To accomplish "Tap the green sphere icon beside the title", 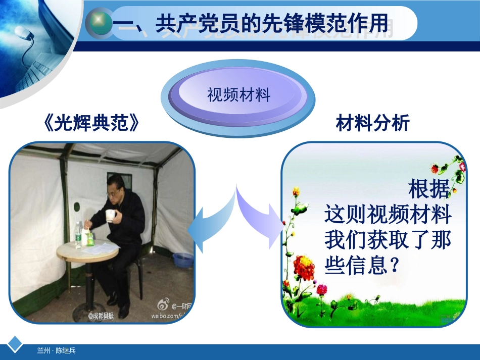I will [100, 23].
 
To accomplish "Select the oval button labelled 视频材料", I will [238, 95].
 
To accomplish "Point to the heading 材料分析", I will [372, 123].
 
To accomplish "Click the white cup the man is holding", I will [110, 216].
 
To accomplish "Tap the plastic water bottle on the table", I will [78, 234].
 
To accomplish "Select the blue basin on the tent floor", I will [182, 260].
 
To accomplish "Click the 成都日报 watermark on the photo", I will [101, 316].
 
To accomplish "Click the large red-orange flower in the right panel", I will [304, 268].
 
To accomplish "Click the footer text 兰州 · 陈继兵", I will [56, 350].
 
